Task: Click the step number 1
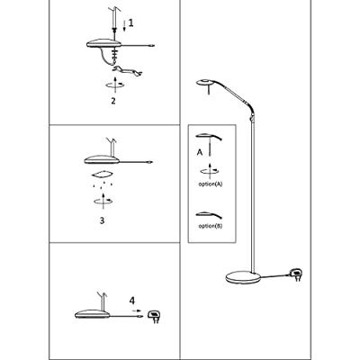coord(130,23)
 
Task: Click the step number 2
coord(113,101)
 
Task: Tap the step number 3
coord(102,220)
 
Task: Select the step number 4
coord(132,301)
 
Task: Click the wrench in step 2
coord(128,71)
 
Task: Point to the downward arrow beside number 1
coord(124,25)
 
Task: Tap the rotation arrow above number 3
coord(103,201)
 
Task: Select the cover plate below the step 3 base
coord(103,174)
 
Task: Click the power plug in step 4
coord(155,317)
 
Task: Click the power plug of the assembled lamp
coord(295,274)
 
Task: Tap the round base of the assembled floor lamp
coord(242,277)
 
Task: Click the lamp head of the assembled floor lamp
coord(206,83)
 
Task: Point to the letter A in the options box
coord(200,152)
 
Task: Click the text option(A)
coord(211,184)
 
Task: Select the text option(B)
coord(211,226)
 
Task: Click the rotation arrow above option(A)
coord(210,171)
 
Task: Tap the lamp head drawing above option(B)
coord(209,214)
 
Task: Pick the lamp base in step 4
coord(92,314)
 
